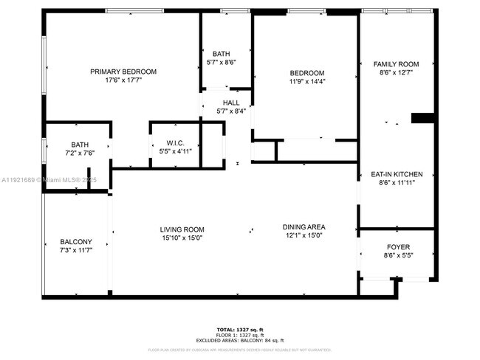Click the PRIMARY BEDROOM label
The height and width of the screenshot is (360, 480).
point(123,72)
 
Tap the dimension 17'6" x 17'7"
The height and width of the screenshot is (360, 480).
point(123,80)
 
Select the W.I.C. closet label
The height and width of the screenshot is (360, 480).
point(175,142)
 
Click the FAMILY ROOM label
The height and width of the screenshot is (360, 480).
point(396,65)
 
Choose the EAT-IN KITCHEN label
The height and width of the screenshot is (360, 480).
point(397,174)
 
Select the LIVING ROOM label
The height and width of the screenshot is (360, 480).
point(182,229)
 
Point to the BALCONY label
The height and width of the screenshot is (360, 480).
point(76,242)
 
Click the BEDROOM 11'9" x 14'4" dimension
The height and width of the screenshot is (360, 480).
point(306,81)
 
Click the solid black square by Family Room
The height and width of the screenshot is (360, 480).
point(422,118)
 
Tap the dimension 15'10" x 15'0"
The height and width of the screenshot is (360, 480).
point(182,238)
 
